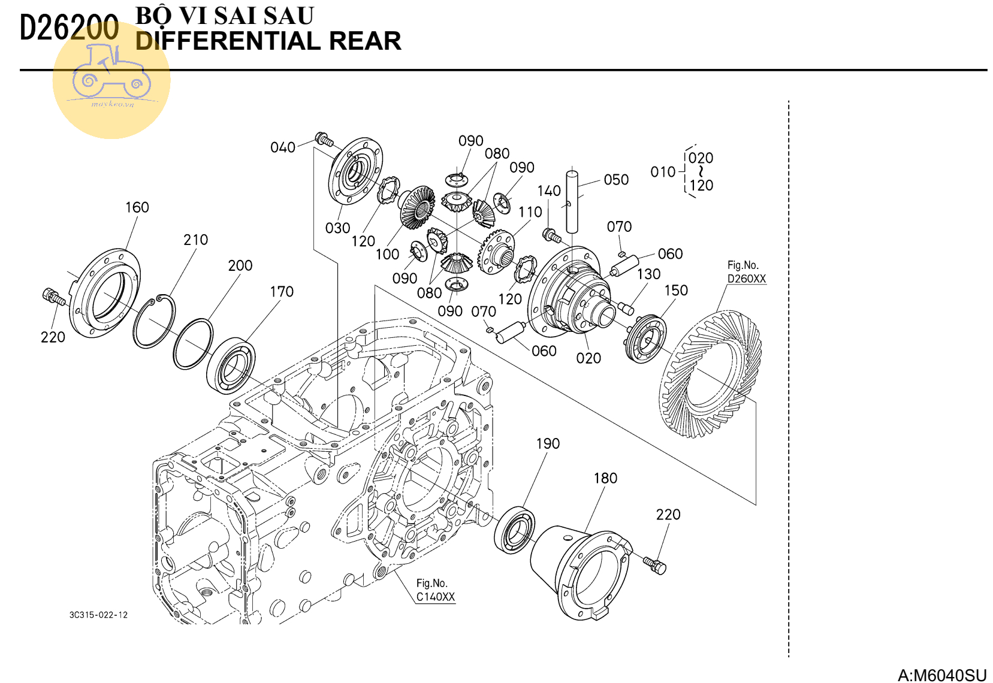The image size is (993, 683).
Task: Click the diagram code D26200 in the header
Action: [69, 28]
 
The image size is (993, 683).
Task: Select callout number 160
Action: [137, 207]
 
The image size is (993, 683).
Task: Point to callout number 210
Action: [195, 240]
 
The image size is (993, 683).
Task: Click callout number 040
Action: [283, 147]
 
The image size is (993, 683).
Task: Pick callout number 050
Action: [616, 180]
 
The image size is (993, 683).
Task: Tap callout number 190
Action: [548, 443]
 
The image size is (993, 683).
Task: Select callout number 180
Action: [605, 478]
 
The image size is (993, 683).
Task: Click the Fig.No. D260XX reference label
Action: [746, 272]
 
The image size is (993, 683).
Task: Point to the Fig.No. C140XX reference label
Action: [436, 590]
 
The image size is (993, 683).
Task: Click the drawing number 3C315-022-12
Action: [98, 615]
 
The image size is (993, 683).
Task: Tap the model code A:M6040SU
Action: [941, 675]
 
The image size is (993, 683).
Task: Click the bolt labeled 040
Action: [324, 140]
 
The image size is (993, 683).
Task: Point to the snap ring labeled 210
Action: [155, 321]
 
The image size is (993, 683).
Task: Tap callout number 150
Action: [676, 290]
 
